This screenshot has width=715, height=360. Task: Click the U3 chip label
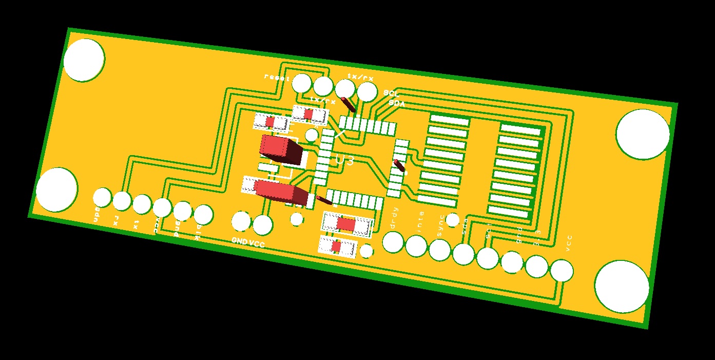[344, 160]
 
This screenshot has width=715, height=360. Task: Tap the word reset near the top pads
[277, 77]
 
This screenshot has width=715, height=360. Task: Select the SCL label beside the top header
[391, 94]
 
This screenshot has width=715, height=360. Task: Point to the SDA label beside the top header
[396, 103]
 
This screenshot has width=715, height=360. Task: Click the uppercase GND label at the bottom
[240, 240]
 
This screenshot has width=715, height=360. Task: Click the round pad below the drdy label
[394, 242]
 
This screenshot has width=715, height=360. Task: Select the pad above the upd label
[102, 197]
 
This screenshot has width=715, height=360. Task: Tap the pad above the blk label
[203, 215]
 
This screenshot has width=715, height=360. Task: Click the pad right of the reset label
[301, 83]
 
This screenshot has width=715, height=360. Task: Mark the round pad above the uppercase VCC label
[263, 224]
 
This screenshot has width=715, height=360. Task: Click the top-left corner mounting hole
[84, 60]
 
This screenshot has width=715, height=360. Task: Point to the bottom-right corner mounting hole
[622, 286]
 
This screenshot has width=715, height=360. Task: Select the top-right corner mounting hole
[643, 134]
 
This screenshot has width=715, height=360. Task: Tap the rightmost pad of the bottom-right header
[562, 270]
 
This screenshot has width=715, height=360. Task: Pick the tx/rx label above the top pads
[360, 77]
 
